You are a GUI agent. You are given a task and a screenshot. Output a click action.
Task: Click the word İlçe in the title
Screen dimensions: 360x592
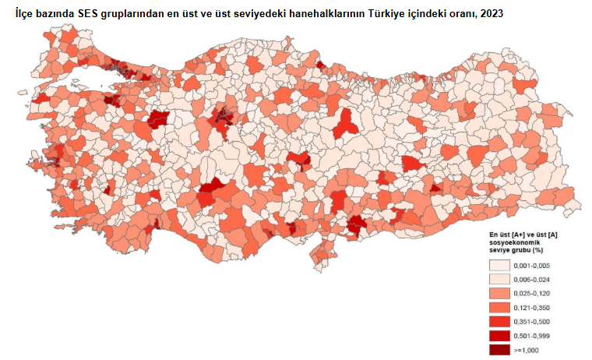click(26, 12)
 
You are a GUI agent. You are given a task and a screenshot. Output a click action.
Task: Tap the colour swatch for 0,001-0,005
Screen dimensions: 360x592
click(501, 265)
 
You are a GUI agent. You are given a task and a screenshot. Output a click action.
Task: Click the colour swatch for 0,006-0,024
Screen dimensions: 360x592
click(501, 279)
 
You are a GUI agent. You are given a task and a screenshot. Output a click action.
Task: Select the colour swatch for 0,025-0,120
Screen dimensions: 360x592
click(501, 293)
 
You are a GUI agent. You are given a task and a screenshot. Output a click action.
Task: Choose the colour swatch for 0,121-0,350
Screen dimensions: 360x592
click(501, 307)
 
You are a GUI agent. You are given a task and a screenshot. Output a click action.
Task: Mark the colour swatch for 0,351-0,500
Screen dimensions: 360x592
click(501, 321)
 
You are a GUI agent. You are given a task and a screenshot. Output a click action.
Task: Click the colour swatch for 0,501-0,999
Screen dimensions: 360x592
click(501, 335)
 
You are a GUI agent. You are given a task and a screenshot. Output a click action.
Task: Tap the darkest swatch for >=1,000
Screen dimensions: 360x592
click(501, 349)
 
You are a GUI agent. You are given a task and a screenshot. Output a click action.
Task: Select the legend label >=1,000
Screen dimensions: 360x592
click(530, 350)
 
